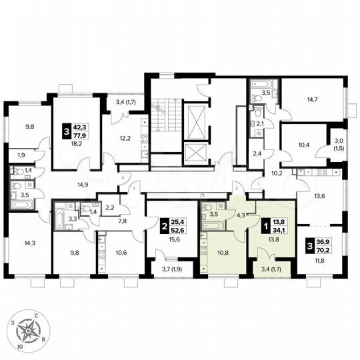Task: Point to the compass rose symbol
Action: (x=29, y=330)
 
